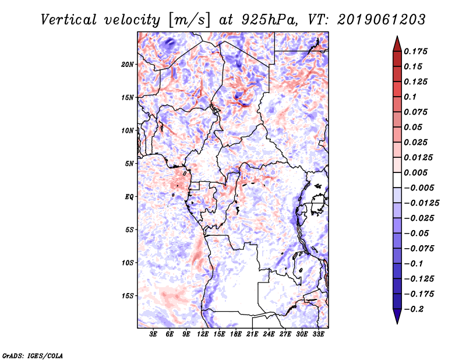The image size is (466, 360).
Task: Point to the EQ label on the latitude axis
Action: point(129,197)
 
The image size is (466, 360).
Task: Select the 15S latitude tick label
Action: point(128,296)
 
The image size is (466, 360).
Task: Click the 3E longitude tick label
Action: point(154,334)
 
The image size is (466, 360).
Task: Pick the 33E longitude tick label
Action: point(318,334)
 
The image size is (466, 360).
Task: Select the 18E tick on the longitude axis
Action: point(236,334)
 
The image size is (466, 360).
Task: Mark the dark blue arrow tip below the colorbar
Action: point(397,318)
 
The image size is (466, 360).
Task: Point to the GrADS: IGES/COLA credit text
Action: point(25,354)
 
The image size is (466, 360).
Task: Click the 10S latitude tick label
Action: point(128,263)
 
